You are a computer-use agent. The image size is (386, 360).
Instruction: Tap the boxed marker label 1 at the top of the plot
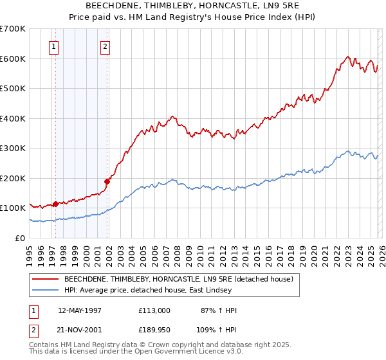pos(53,46)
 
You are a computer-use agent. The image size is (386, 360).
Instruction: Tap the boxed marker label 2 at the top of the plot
pos(105,46)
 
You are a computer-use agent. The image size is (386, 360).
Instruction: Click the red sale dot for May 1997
pos(56,204)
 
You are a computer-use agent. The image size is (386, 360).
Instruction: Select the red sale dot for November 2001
pos(107,181)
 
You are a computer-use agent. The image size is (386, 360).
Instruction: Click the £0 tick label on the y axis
pos(19,238)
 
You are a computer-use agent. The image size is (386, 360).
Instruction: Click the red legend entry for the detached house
pos(179,279)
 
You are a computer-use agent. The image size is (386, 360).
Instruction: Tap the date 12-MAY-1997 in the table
pos(80,310)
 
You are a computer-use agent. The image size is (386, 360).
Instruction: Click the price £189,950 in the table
pos(154,330)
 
